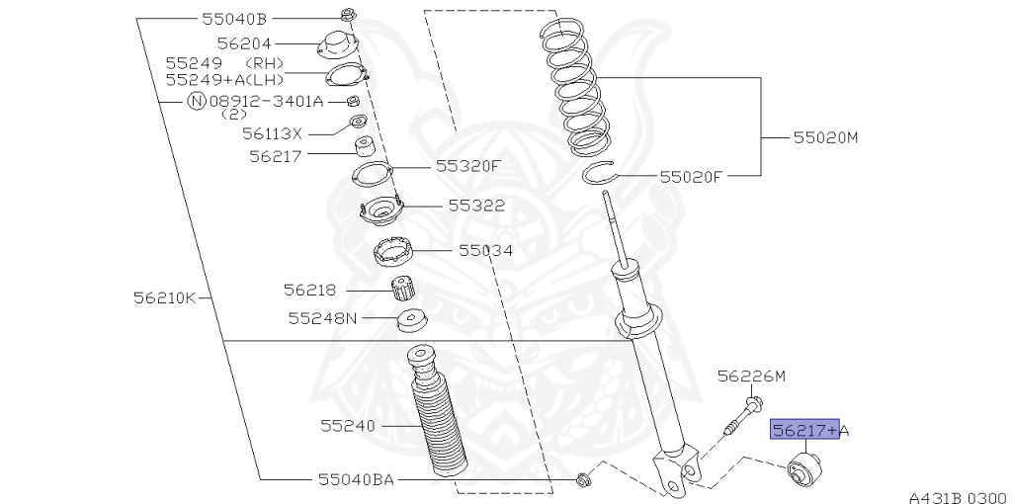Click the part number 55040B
pos(234,18)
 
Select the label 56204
pos(243,43)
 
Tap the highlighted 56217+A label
pos(805,430)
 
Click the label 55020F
pos(692,177)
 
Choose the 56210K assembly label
pos(165,296)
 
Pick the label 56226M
pos(751,376)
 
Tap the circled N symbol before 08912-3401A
pos(197,101)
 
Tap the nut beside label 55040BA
pos(583,480)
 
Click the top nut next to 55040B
pos(348,15)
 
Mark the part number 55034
pos(485,251)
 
